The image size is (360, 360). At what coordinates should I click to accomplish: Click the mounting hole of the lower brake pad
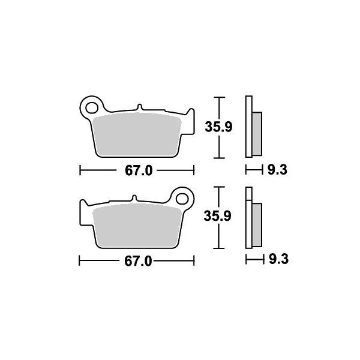click(x=183, y=199)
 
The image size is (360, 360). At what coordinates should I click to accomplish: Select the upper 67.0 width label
click(x=137, y=171)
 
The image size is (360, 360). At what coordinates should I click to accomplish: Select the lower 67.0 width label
click(x=137, y=261)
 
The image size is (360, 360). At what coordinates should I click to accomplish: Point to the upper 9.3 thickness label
click(x=277, y=170)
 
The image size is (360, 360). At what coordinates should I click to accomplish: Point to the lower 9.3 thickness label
click(x=277, y=260)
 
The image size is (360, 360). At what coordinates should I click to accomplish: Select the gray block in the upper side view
click(x=257, y=133)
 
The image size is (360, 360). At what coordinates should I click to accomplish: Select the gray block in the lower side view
click(x=257, y=224)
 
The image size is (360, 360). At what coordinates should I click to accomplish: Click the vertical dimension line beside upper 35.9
click(x=220, y=127)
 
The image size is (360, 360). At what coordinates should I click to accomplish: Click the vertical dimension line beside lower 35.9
click(x=220, y=217)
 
